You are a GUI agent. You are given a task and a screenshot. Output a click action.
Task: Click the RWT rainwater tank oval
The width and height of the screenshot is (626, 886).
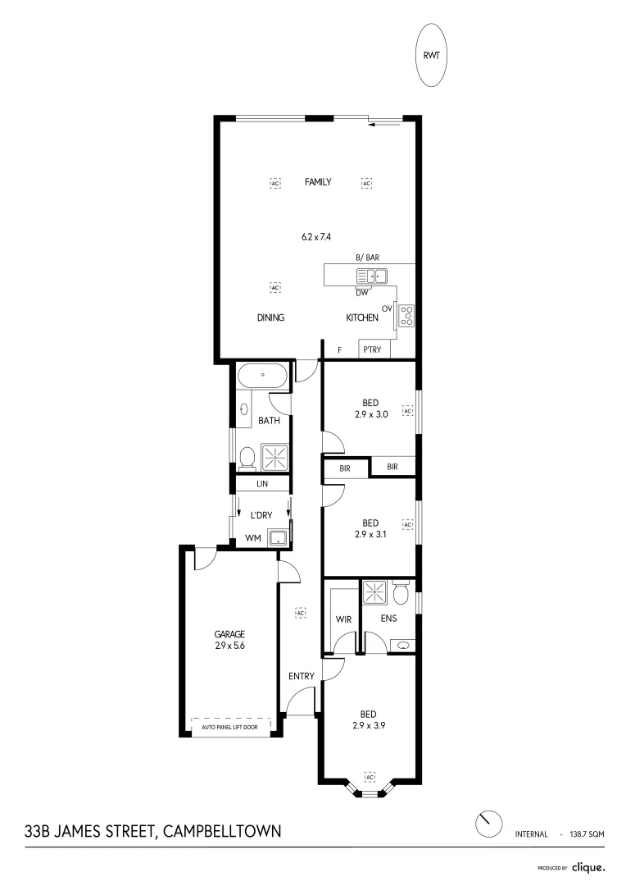(431, 55)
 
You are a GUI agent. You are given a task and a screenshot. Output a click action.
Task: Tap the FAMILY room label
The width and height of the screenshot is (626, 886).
(318, 182)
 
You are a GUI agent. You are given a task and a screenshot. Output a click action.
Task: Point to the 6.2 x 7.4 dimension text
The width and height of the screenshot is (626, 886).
(318, 237)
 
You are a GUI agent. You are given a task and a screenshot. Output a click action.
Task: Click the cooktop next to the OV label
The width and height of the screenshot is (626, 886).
(406, 314)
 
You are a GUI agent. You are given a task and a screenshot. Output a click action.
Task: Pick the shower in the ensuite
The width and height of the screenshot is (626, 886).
(375, 592)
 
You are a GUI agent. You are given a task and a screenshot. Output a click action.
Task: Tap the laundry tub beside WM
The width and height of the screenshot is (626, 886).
(279, 537)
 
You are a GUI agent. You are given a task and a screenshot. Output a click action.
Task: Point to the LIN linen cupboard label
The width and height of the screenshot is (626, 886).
(262, 485)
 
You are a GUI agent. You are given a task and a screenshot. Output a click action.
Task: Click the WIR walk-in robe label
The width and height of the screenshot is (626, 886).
(343, 619)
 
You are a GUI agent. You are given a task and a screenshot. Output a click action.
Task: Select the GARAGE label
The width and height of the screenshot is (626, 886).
(229, 634)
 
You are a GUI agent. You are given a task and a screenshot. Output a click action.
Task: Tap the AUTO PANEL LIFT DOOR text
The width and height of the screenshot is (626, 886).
(230, 727)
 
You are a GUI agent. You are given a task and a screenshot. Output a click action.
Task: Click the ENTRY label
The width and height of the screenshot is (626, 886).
(301, 676)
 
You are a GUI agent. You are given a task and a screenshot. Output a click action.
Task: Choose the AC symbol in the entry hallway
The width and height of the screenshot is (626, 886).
(300, 613)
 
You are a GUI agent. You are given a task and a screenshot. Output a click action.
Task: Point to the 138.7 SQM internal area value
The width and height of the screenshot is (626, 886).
(587, 833)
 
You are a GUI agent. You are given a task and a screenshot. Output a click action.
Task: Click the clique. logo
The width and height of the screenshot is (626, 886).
(588, 866)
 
